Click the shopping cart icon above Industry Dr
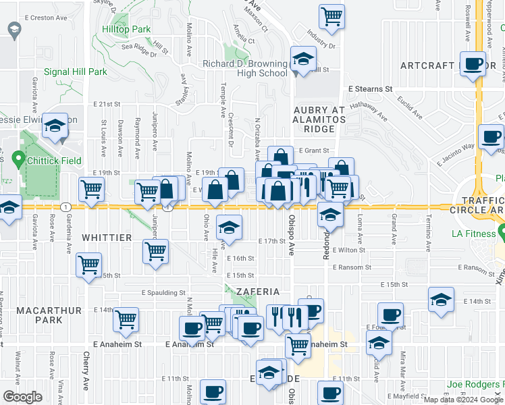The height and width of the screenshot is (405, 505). (331, 16)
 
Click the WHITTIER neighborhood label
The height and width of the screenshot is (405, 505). (107, 238)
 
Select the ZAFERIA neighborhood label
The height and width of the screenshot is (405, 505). (257, 292)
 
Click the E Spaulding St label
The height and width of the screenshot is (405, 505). (163, 292)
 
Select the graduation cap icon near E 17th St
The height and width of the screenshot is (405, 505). (230, 228)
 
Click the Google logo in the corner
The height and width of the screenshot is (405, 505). (22, 397)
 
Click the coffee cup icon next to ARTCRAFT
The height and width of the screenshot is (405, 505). (473, 63)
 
